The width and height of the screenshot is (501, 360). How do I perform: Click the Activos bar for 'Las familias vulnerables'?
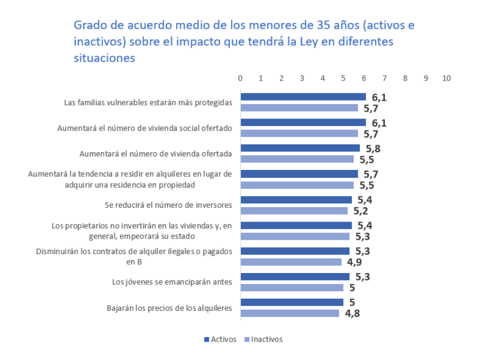[303, 97]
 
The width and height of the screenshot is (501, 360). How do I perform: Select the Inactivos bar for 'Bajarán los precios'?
[289, 313]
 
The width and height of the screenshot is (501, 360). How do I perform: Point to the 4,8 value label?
[352, 313]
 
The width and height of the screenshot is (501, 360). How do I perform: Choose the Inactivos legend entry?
[264, 339]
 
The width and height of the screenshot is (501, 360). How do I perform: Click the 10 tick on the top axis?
[446, 78]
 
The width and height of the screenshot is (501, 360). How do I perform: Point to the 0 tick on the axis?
[240, 78]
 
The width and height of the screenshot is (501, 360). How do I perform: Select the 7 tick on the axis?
[384, 78]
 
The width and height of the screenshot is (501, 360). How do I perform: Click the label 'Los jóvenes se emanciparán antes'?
[172, 282]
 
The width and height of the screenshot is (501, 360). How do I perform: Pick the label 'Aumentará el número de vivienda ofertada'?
[155, 153]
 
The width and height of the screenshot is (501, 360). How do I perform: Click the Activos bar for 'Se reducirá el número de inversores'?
[296, 200]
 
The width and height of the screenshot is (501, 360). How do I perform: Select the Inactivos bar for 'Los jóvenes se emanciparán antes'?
[292, 287]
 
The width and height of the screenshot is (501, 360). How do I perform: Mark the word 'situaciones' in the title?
[104, 58]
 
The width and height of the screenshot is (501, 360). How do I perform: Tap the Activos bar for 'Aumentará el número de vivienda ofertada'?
[300, 148]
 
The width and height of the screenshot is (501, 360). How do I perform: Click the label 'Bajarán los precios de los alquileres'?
[169, 307]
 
